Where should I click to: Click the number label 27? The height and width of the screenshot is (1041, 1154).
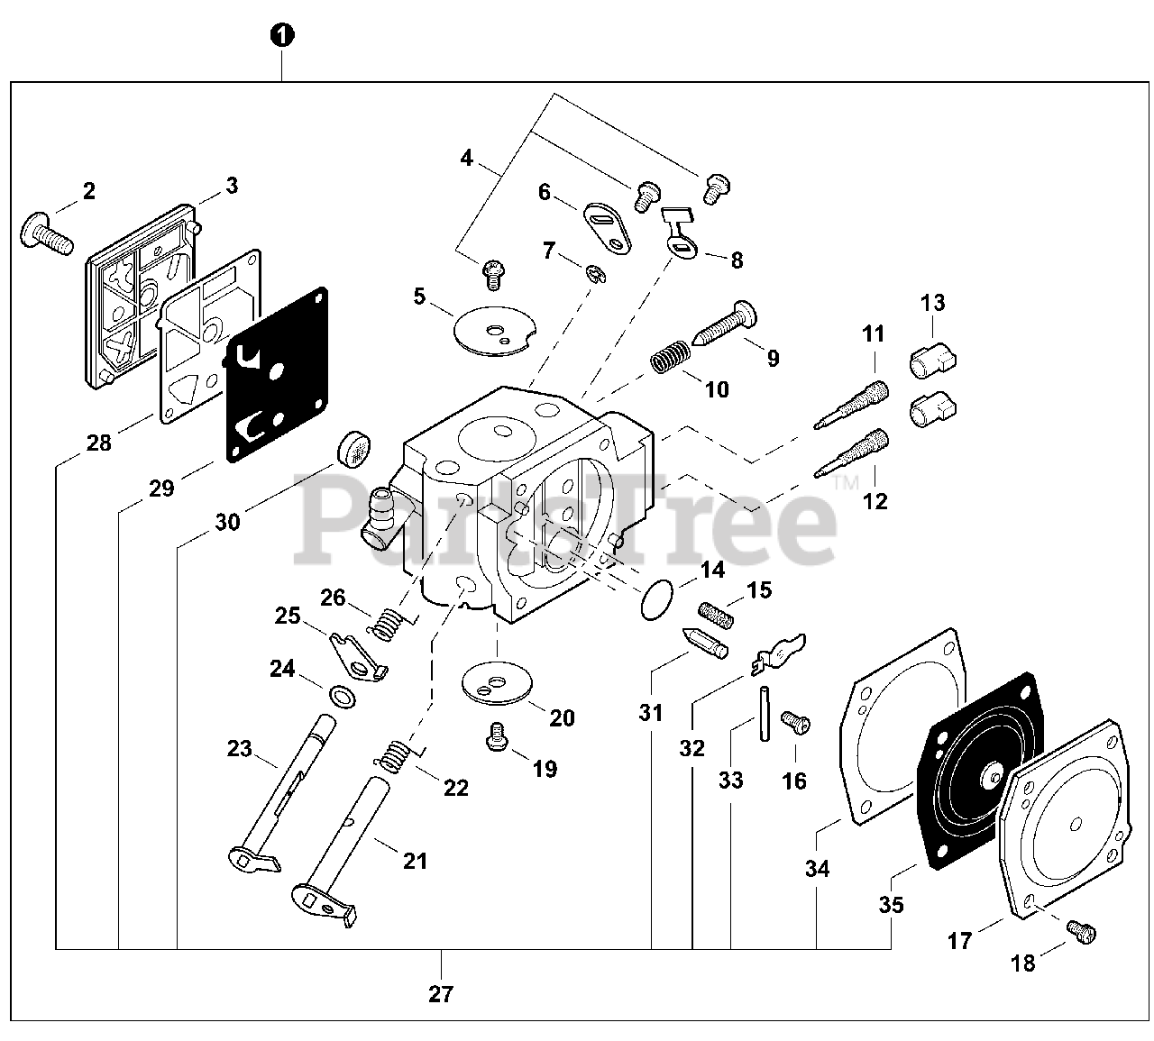[x=441, y=994]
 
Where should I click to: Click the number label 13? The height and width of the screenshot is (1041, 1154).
[x=933, y=303]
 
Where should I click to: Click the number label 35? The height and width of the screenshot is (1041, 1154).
[x=891, y=903]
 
